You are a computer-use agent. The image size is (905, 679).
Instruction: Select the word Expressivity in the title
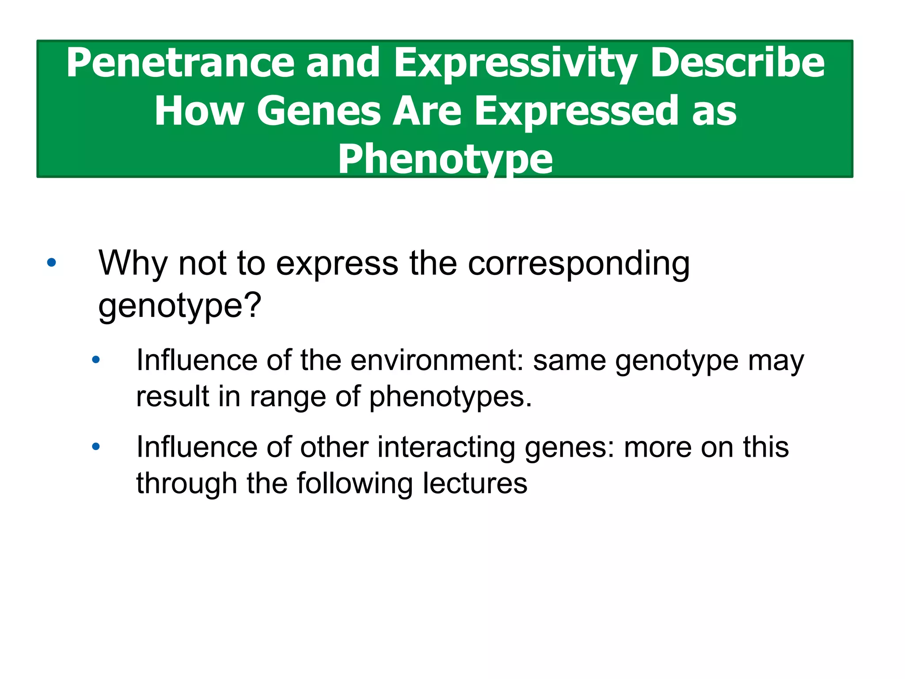pos(515,63)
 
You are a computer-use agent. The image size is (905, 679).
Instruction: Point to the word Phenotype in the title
pos(445,159)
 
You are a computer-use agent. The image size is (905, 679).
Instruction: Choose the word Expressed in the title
pos(577,111)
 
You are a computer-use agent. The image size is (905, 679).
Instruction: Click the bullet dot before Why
pos(52,263)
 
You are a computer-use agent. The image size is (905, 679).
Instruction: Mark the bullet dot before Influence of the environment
pos(96,360)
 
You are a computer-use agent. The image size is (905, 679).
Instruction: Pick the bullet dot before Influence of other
pos(96,446)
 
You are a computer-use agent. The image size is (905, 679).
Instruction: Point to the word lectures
pos(475,483)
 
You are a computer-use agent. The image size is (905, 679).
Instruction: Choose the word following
pos(354,484)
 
